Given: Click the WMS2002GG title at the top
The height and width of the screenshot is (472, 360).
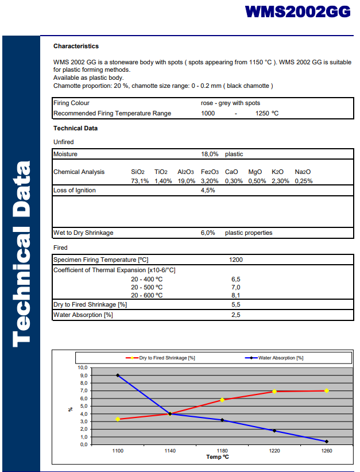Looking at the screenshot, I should (x=297, y=12).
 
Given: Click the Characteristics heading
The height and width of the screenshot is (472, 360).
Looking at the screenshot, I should (x=76, y=46).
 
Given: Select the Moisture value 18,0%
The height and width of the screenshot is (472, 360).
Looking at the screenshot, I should (x=210, y=154).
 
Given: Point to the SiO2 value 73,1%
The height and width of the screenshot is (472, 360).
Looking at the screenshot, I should (x=140, y=181).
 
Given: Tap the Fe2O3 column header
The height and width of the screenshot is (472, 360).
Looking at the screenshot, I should (x=210, y=172).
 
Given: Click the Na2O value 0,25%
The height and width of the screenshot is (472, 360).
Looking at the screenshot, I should (x=304, y=181).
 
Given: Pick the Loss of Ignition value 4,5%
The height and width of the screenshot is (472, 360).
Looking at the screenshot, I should (x=208, y=191).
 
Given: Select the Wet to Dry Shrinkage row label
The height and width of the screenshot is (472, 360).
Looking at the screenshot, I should (x=83, y=233).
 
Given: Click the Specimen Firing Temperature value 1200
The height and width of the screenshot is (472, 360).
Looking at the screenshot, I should (x=236, y=260).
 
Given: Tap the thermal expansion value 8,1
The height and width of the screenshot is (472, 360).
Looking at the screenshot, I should (x=235, y=296).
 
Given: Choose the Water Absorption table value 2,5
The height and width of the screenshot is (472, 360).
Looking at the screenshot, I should (x=235, y=315).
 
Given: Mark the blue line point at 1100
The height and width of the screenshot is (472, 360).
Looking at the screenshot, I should (x=118, y=376).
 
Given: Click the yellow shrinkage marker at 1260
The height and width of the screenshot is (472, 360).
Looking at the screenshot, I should (x=327, y=390).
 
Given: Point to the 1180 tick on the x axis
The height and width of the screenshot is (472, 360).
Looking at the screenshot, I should (x=222, y=451).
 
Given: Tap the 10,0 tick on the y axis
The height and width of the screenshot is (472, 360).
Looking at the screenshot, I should (x=83, y=367).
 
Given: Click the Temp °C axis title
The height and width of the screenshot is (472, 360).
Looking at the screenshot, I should (x=218, y=458).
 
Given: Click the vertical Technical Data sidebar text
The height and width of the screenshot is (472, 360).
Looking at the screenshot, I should (x=21, y=253).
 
